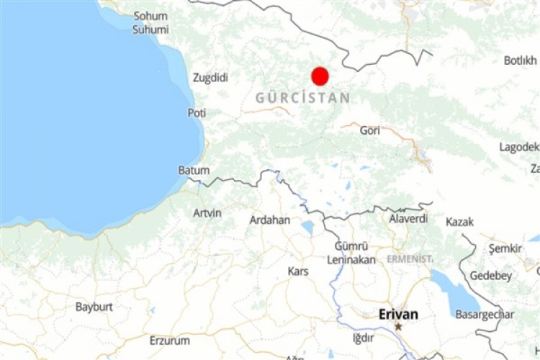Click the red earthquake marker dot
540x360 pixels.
pyautogui.click(x=320, y=76)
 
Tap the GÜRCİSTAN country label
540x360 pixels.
pyautogui.click(x=302, y=98)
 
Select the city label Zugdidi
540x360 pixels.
pyautogui.click(x=211, y=78)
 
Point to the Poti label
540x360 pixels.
pyautogui.click(x=197, y=113)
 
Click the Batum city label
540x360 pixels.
pyautogui.click(x=194, y=171)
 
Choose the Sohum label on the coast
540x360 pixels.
pyautogui.click(x=150, y=16)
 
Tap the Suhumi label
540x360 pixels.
pyautogui.click(x=150, y=30)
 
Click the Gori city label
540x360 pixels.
pyautogui.click(x=369, y=130)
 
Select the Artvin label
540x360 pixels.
pyautogui.click(x=207, y=213)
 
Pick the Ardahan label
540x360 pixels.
pyautogui.click(x=270, y=220)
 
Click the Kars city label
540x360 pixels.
pyautogui.click(x=298, y=271)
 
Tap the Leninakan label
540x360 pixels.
pyautogui.click(x=351, y=259)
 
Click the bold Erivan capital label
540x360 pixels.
pyautogui.click(x=398, y=314)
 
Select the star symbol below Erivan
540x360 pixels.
pyautogui.click(x=398, y=326)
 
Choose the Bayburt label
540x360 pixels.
pyautogui.click(x=94, y=307)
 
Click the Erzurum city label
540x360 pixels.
pyautogui.click(x=170, y=340)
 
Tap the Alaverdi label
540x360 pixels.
pyautogui.click(x=408, y=218)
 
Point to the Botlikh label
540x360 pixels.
pyautogui.click(x=520, y=60)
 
